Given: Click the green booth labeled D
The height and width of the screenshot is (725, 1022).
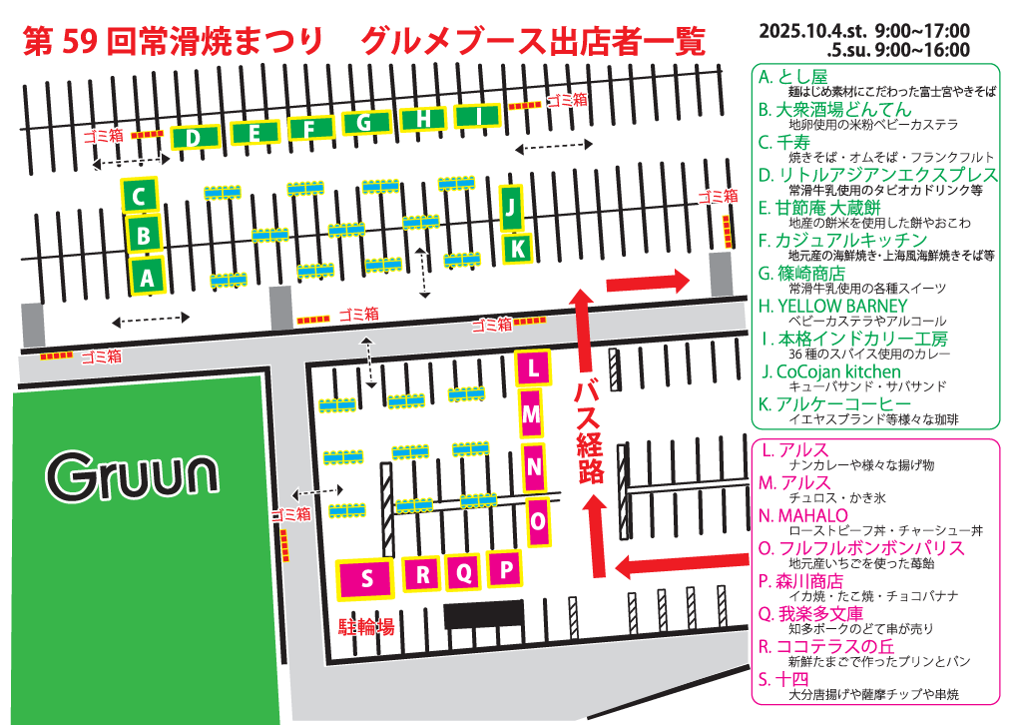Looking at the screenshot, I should (x=195, y=137).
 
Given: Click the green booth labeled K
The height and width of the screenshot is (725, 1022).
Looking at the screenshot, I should (x=516, y=248).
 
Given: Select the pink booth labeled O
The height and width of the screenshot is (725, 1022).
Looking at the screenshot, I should (x=538, y=520).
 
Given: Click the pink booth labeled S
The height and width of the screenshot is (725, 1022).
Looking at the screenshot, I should (x=366, y=578).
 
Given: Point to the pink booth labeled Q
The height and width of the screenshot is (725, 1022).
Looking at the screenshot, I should (x=463, y=573).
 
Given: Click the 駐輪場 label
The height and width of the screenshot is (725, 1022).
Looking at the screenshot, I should (x=366, y=627).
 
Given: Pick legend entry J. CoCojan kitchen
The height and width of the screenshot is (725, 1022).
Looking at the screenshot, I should (x=830, y=371).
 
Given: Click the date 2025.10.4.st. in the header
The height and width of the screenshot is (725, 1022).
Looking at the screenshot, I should (x=812, y=31).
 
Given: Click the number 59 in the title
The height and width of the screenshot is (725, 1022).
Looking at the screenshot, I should (x=77, y=40).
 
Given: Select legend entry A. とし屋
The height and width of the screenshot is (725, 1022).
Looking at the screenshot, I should (x=793, y=76).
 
